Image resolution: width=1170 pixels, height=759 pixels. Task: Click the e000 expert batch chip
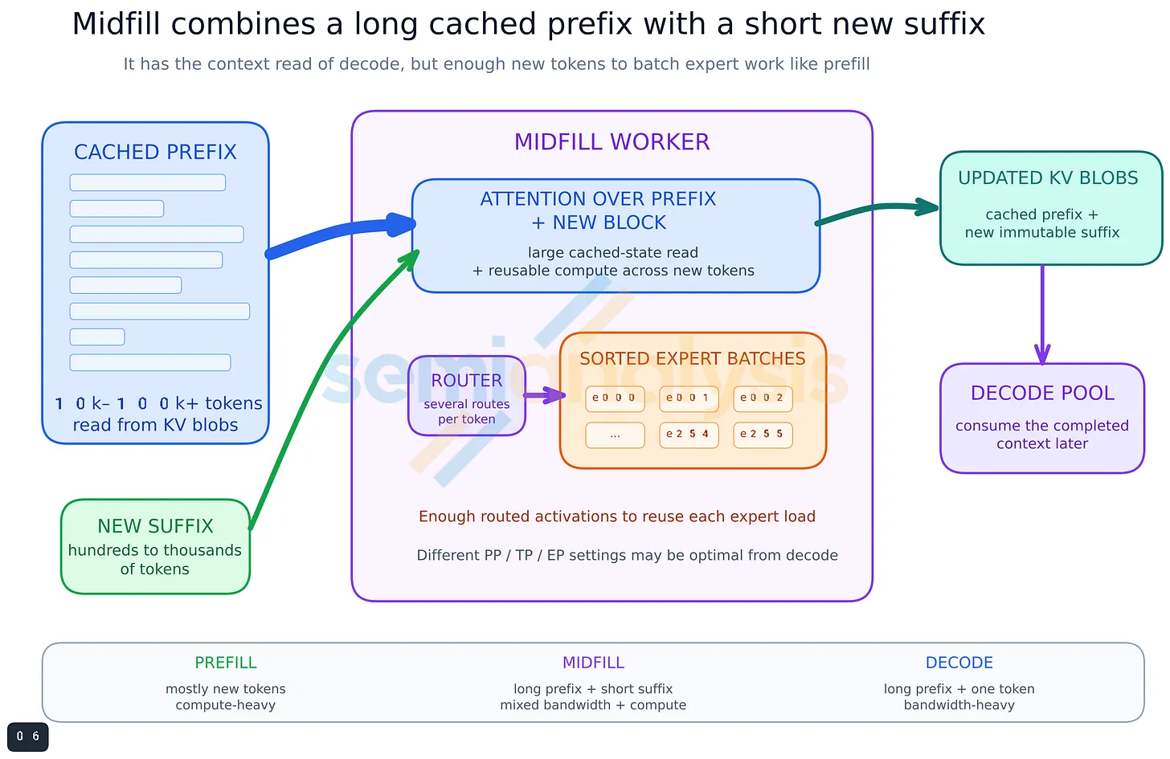(x=615, y=399)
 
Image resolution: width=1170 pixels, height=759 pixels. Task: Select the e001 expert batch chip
(x=689, y=399)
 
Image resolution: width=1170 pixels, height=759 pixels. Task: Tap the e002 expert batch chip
(x=763, y=399)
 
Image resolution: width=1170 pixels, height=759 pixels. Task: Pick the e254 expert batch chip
(x=689, y=435)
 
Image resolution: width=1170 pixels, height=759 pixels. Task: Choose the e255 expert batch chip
(x=763, y=435)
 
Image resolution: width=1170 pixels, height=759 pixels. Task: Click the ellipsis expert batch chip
(x=615, y=435)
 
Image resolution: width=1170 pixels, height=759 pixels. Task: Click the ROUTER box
(x=466, y=396)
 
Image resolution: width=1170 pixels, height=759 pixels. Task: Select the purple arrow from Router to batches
(x=544, y=395)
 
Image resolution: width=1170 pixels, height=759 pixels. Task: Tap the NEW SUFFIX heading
(x=155, y=526)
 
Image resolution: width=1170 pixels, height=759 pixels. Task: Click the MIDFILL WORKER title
(x=612, y=142)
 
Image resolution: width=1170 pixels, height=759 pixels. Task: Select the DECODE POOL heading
(x=1042, y=393)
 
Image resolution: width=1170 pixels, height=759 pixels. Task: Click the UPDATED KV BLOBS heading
(x=1048, y=178)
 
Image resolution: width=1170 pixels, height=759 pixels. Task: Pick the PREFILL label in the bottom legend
(x=226, y=663)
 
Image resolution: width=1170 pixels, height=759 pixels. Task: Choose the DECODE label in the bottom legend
(x=959, y=663)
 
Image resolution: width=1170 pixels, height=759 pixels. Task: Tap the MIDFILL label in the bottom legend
(x=593, y=663)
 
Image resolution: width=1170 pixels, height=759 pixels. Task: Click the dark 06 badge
(x=27, y=737)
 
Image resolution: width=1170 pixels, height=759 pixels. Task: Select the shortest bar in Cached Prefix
(x=97, y=337)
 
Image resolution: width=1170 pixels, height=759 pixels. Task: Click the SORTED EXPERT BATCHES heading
(x=693, y=359)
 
